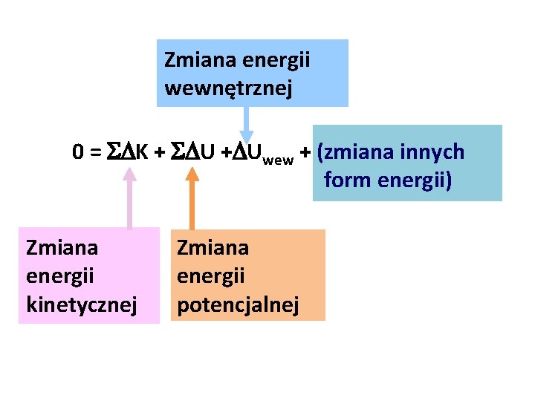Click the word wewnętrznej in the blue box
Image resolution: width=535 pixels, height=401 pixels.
228,89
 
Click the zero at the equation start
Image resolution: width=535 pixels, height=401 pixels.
78,152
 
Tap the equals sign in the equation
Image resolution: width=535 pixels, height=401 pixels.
95,152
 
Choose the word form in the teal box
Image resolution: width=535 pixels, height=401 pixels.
346,180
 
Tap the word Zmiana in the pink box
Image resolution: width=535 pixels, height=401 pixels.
62,247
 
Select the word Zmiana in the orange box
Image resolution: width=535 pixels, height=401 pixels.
213,247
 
